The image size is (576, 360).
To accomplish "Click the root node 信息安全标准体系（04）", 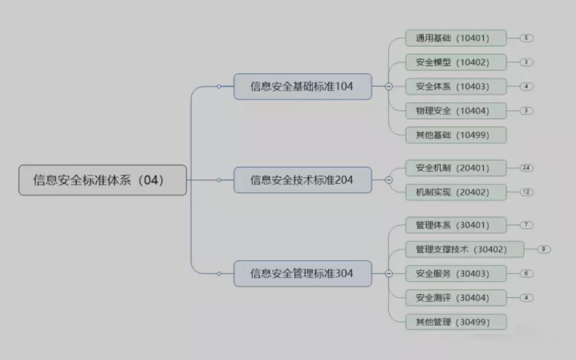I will (x=103, y=180).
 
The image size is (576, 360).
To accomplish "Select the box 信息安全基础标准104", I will (x=303, y=87).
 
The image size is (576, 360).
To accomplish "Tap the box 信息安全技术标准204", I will (x=303, y=180).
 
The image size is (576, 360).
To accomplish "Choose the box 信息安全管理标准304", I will (x=303, y=273).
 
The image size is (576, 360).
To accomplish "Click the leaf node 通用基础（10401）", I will (x=456, y=38).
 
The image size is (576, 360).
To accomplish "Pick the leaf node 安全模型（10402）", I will (x=456, y=62).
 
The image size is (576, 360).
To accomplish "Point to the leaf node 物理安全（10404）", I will (x=456, y=110).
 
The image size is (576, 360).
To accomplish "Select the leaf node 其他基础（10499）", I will (x=456, y=135).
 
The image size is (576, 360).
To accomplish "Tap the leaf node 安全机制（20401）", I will (x=456, y=168).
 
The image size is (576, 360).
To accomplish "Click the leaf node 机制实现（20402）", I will (x=456, y=192).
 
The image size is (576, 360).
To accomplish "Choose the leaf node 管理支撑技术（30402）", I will (x=465, y=249).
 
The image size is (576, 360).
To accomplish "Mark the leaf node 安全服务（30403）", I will (x=456, y=273).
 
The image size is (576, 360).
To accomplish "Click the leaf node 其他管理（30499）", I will (x=456, y=322).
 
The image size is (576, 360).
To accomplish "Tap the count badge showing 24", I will (x=527, y=168).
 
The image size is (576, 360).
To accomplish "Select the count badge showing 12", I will (x=527, y=192).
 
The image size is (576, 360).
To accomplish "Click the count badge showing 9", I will (x=544, y=249).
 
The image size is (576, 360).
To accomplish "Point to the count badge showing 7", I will (x=527, y=225).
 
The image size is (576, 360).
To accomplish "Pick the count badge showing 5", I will (x=527, y=38).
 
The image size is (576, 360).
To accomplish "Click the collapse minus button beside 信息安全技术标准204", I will (x=389, y=180).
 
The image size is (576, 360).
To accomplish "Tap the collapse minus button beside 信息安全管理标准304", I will (x=389, y=273).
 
